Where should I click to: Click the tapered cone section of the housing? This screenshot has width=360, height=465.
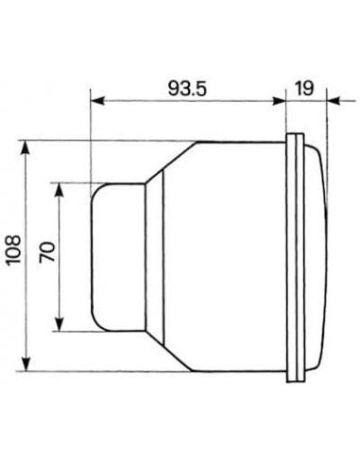(157, 256)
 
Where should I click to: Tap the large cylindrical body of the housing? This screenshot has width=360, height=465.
(227, 256)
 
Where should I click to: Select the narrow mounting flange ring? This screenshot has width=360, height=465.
(293, 256)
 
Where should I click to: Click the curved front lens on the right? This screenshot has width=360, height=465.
(317, 256)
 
